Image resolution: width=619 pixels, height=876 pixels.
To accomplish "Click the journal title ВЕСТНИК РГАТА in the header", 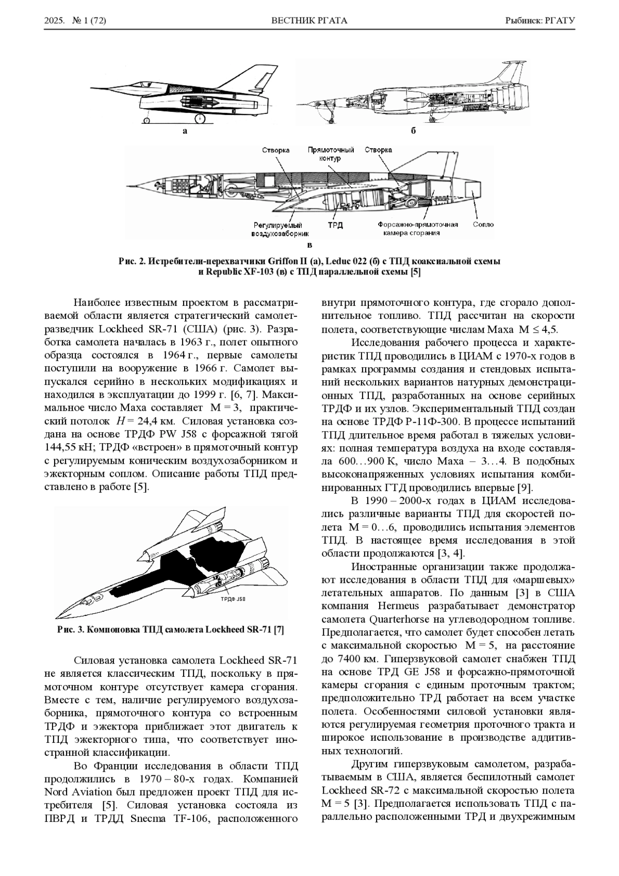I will (309, 21).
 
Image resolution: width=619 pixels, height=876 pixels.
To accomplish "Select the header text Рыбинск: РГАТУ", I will (540, 21).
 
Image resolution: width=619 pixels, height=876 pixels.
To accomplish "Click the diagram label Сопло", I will (483, 224).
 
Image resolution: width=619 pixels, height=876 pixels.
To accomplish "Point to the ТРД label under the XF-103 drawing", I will (335, 225).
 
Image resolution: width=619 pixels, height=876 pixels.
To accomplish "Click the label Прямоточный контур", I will (331, 154).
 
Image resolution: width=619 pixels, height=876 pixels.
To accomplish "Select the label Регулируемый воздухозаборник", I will (276, 230).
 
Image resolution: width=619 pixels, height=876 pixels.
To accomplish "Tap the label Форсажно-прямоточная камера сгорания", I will (417, 229).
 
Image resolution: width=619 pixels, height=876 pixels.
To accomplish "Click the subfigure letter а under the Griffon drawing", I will (185, 131).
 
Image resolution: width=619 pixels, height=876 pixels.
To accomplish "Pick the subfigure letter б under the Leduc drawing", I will (413, 131).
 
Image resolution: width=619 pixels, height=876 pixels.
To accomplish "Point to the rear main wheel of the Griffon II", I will (199, 119).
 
